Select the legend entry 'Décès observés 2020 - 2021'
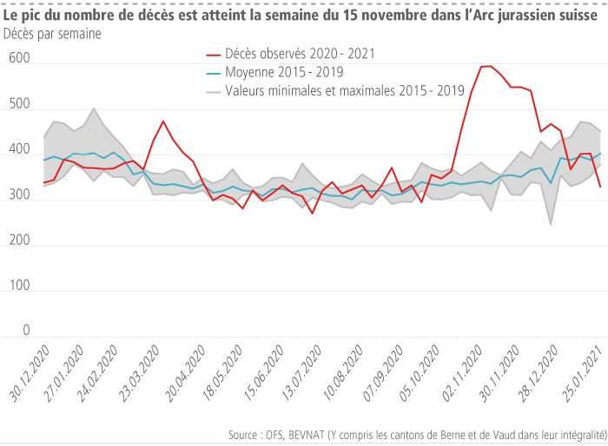point(300,54)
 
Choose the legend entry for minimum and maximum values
point(344,90)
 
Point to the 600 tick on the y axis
point(19,58)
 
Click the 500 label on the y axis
point(19,104)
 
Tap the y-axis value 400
point(19,149)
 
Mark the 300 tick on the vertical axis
point(19,194)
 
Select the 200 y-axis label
point(19,240)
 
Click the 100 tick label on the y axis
point(19,285)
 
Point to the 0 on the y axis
point(26,331)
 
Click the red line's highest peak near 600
point(486,66)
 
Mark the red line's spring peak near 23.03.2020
point(163,121)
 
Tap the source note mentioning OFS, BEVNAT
point(416,433)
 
